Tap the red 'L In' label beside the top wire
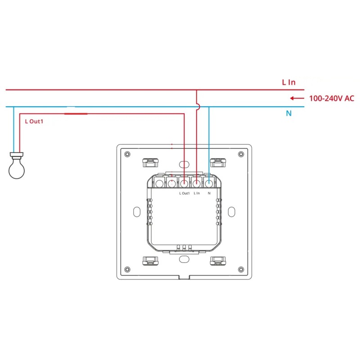click(288, 82)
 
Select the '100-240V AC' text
click(331, 98)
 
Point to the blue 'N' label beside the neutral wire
click(289, 113)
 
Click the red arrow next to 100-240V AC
click(297, 98)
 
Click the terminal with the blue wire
click(209, 183)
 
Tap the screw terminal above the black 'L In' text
click(197, 183)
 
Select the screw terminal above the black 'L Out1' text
click(184, 183)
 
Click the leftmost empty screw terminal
click(160, 183)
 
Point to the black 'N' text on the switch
click(209, 193)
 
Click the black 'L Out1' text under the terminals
click(184, 193)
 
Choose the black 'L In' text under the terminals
click(197, 193)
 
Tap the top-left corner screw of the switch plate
click(128, 154)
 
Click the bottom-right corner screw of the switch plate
click(242, 269)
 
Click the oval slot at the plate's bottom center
click(184, 259)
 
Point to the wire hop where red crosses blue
click(197, 107)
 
